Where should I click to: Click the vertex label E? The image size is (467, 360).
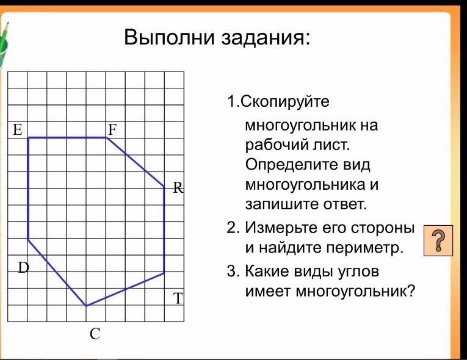pyautogui.click(x=18, y=130)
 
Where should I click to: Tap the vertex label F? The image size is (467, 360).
pyautogui.click(x=112, y=130)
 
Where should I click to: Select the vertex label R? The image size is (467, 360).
pyautogui.click(x=178, y=188)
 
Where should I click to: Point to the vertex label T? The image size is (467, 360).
pyautogui.click(x=178, y=298)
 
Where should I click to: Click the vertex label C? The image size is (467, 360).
pyautogui.click(x=95, y=334)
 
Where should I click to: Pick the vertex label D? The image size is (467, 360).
pyautogui.click(x=24, y=268)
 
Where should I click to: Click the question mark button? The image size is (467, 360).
pyautogui.click(x=438, y=240)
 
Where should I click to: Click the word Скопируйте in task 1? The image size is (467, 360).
pyautogui.click(x=284, y=102)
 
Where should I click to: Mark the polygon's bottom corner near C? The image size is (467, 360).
pyautogui.click(x=86, y=306)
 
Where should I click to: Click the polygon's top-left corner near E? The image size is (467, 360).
pyautogui.click(x=28, y=137)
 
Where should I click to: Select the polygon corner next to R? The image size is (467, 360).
pyautogui.click(x=164, y=187)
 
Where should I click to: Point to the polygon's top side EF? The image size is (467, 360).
pyautogui.click(x=67, y=137)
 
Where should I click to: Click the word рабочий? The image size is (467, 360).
pyautogui.click(x=277, y=146)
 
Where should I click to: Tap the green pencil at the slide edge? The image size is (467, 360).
pyautogui.click(x=3, y=45)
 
